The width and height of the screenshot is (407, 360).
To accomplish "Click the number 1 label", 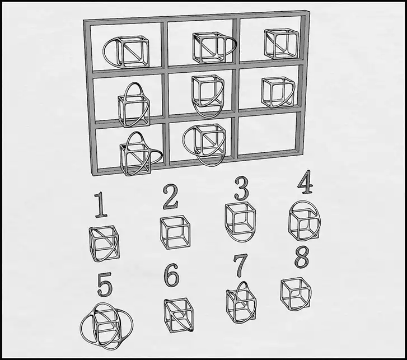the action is tap(101, 205).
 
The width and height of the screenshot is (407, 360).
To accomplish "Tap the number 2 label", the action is tap(171, 197).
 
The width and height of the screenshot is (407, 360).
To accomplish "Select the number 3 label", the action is tap(241, 189).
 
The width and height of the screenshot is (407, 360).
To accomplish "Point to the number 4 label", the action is tap(305, 182).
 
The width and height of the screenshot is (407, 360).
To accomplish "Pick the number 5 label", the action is tap(104, 284).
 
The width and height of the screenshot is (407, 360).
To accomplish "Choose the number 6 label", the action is tap(172, 275).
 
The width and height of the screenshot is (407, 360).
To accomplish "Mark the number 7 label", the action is tap(240, 266).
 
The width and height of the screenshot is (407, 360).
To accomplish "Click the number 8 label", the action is tap(302, 257).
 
